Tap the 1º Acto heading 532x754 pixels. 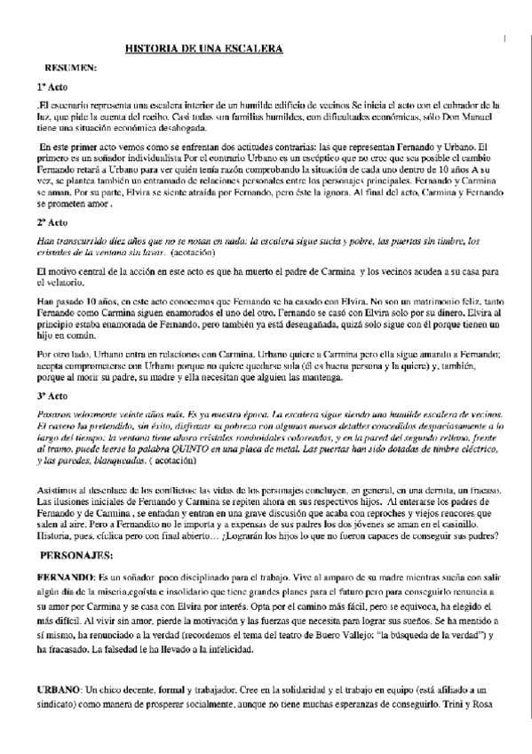tap(52, 89)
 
